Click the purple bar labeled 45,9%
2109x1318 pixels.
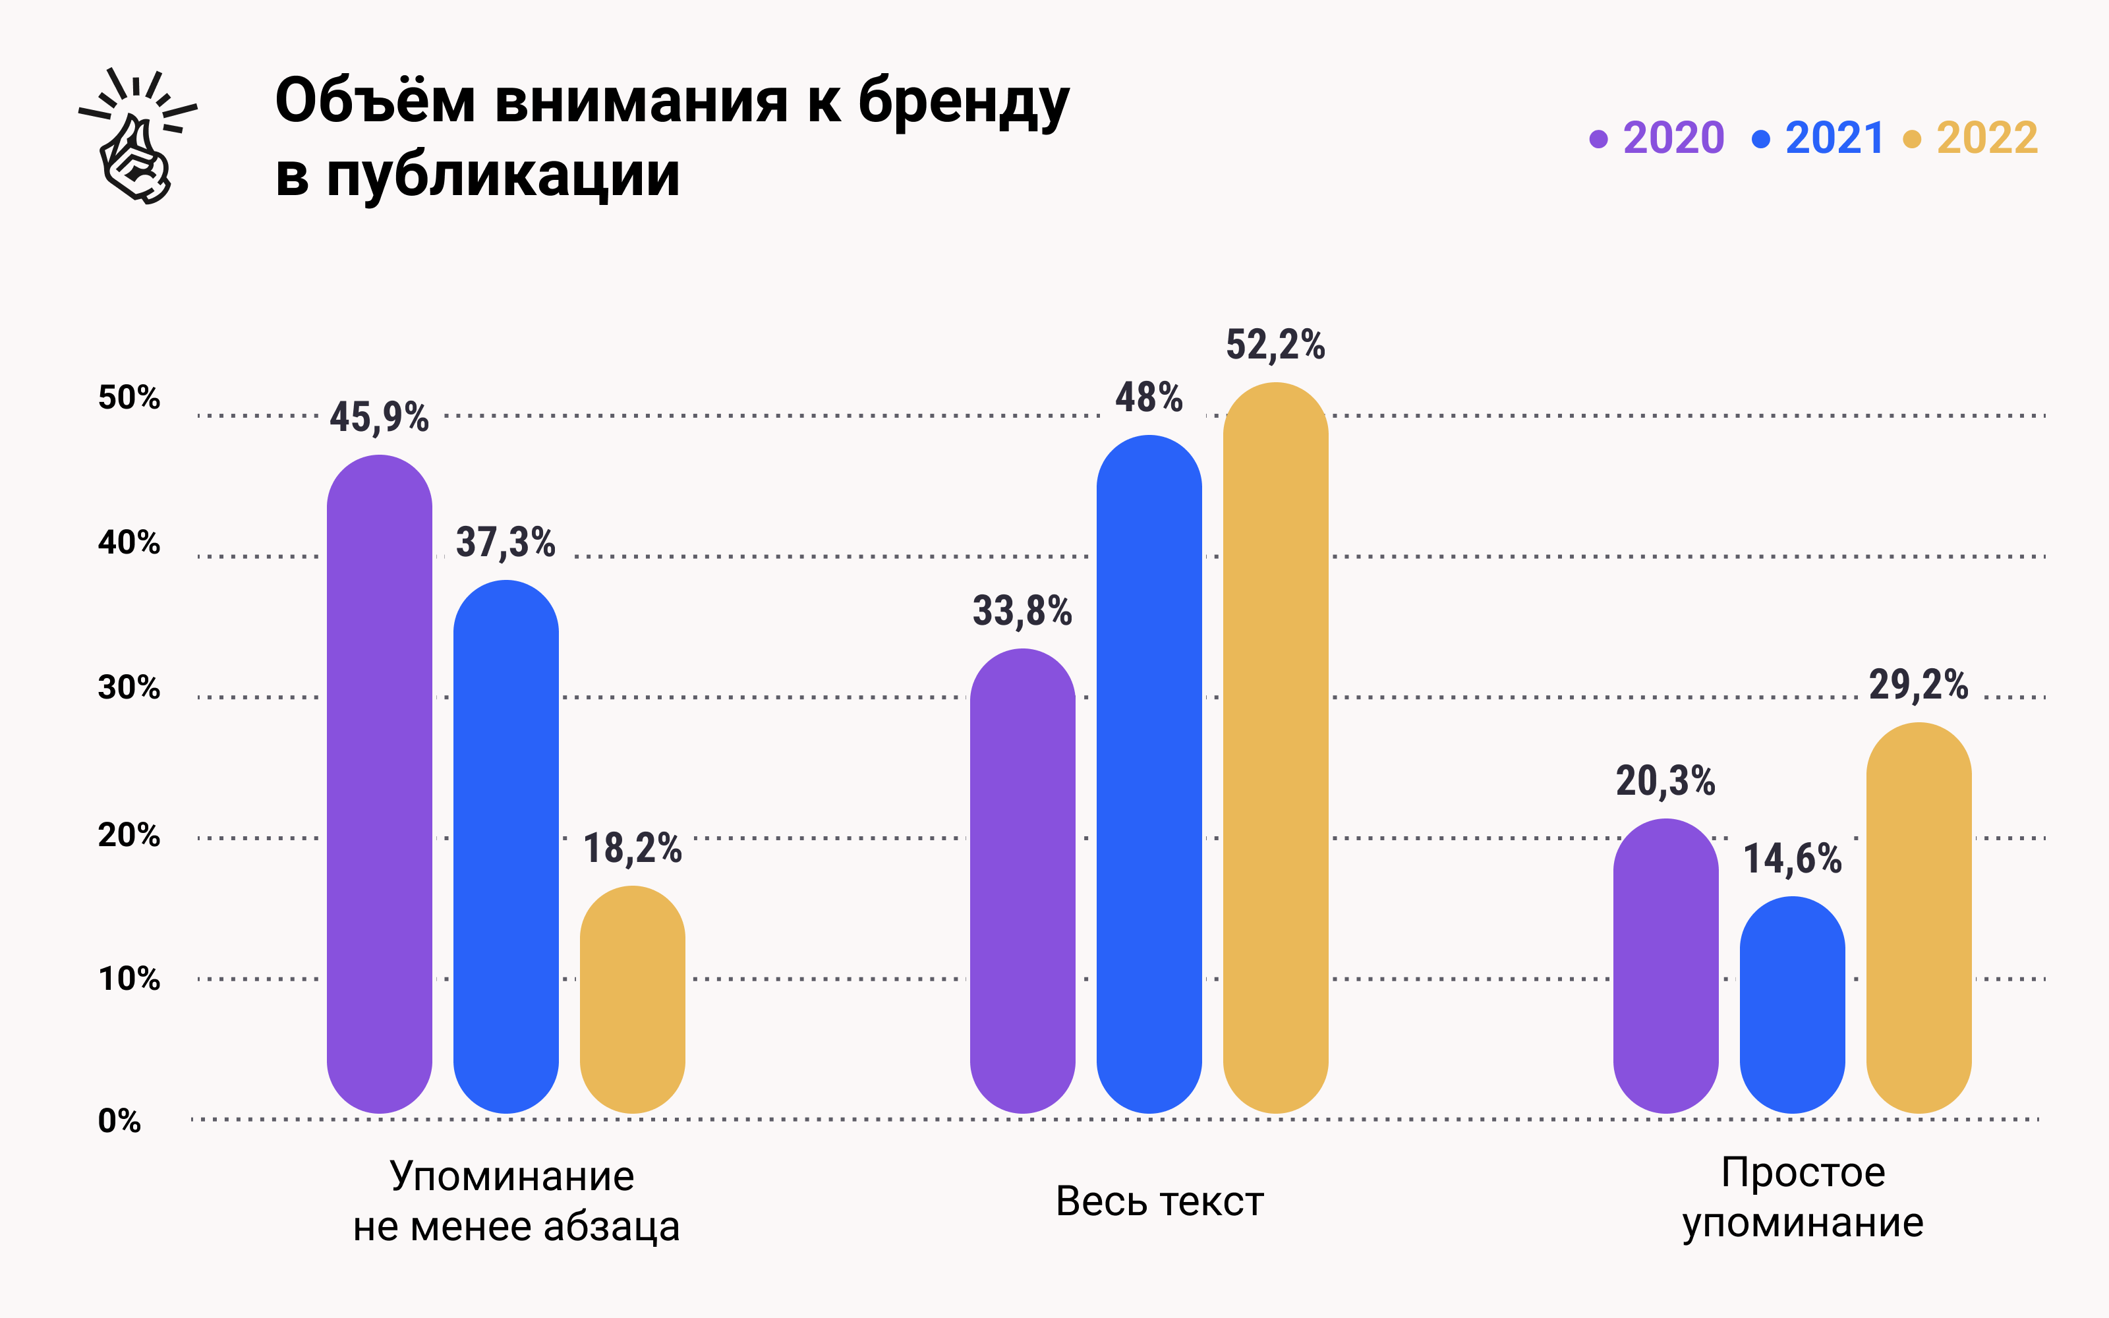[x=379, y=784]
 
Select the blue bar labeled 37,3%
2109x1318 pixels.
[x=506, y=845]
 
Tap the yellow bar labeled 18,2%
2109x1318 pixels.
[x=632, y=1000]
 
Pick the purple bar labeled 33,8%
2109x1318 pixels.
[x=1022, y=880]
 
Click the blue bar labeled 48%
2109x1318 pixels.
[x=1149, y=774]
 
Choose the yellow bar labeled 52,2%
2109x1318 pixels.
[x=1275, y=748]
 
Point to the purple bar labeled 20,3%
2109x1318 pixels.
[x=1665, y=966]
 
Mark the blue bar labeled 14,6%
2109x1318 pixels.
[x=1792, y=1005]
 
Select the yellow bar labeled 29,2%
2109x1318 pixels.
[x=1918, y=918]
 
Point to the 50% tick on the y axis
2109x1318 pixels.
[x=129, y=397]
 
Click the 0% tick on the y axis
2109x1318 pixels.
[x=119, y=1120]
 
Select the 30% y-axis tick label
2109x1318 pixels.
[x=129, y=688]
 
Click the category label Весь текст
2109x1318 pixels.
[x=1159, y=1201]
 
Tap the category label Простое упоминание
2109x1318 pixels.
[x=1803, y=1197]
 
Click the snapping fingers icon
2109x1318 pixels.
[x=137, y=137]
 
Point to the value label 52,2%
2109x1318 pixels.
[x=1275, y=345]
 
